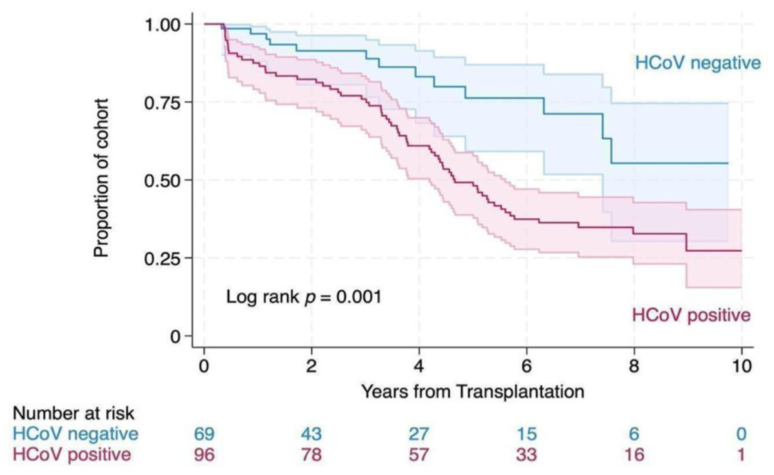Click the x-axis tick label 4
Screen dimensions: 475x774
coord(419,365)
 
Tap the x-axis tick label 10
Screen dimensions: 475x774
coord(741,365)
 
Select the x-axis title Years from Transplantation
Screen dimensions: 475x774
coord(473,391)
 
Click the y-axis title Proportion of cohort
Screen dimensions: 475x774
coord(102,178)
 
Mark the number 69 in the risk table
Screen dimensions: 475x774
coord(204,434)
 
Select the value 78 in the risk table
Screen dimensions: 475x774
coord(312,455)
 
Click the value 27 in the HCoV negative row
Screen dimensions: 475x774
coord(419,434)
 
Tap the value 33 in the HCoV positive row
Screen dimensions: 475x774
coord(526,455)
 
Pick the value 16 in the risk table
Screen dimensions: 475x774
coord(633,455)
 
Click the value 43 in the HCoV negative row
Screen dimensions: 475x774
coord(312,434)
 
